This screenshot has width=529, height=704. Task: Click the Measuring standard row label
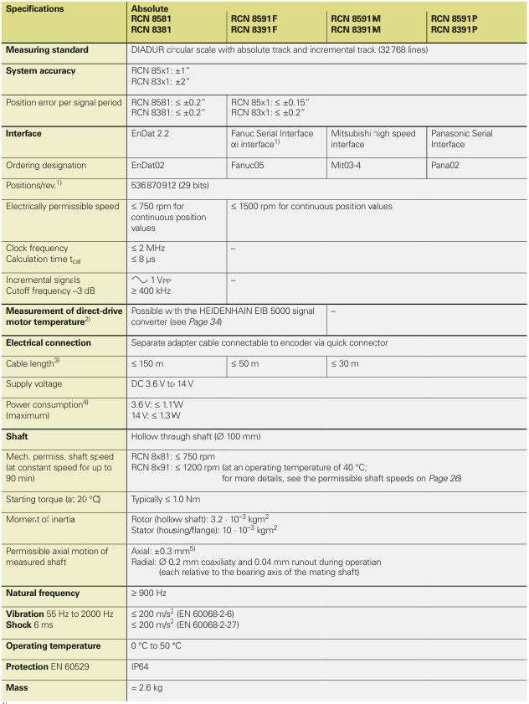point(47,50)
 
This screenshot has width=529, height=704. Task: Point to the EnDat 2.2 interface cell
point(153,133)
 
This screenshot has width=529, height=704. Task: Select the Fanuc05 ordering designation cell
point(248,166)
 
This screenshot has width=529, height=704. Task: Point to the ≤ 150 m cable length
point(149,363)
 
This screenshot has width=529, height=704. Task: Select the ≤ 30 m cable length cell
point(345,363)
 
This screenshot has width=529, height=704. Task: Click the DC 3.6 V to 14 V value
point(169,383)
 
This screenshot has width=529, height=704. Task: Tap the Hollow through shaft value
point(196,436)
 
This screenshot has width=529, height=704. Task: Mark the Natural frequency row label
point(43,594)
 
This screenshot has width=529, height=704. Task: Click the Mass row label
point(18,687)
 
